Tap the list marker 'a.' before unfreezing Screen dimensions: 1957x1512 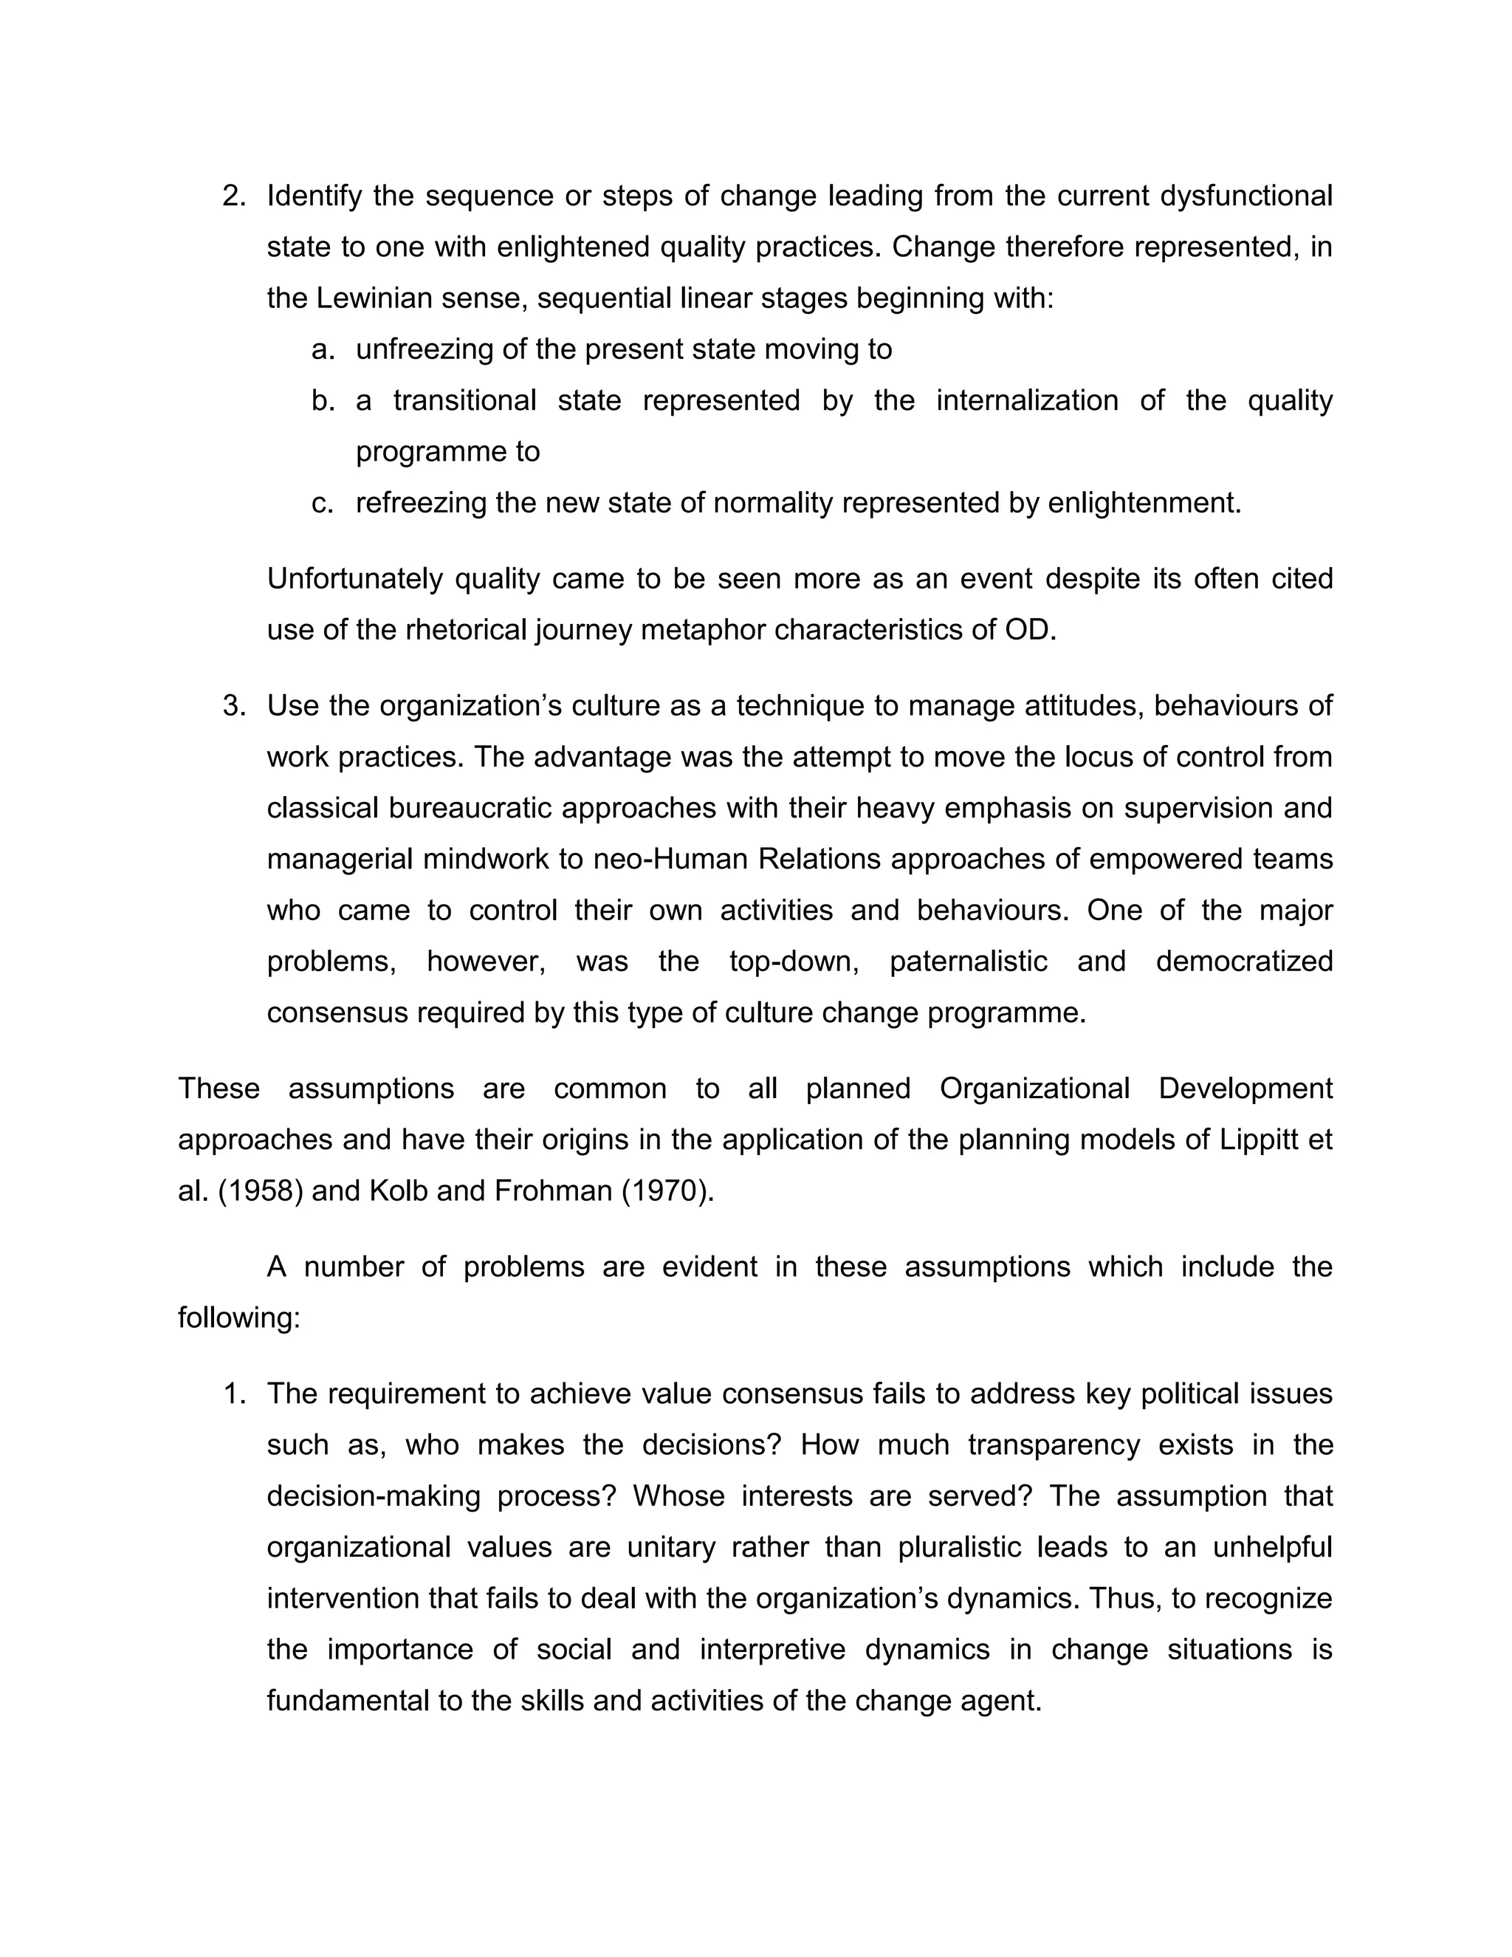coord(323,349)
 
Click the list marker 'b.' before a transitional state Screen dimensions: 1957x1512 coord(323,400)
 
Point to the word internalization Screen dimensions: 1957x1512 coord(1026,400)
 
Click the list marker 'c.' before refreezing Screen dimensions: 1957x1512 coord(323,504)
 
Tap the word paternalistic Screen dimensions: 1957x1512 coord(969,962)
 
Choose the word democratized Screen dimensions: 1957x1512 coord(1243,962)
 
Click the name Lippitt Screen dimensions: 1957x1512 coord(1264,1139)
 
